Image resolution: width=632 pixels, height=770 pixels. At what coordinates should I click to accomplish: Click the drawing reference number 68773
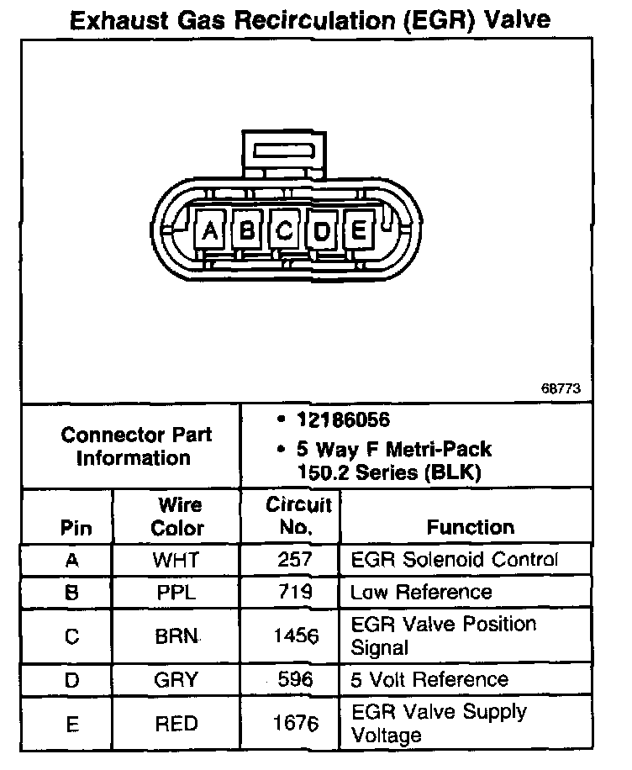pos(561,390)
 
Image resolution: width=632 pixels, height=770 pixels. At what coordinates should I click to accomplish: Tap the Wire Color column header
pos(177,516)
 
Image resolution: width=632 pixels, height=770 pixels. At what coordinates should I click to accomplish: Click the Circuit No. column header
pos(299,516)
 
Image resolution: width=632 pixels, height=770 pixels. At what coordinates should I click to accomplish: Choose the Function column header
pos(471,527)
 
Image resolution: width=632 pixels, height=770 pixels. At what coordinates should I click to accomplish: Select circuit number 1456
pos(297,636)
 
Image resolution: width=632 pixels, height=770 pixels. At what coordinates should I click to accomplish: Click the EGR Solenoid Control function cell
pos(454,560)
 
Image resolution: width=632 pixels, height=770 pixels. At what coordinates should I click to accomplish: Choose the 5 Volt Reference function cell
pos(429,679)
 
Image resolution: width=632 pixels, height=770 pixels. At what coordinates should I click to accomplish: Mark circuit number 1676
pos(297,724)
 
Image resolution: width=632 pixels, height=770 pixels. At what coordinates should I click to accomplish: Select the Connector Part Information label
pos(136,446)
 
